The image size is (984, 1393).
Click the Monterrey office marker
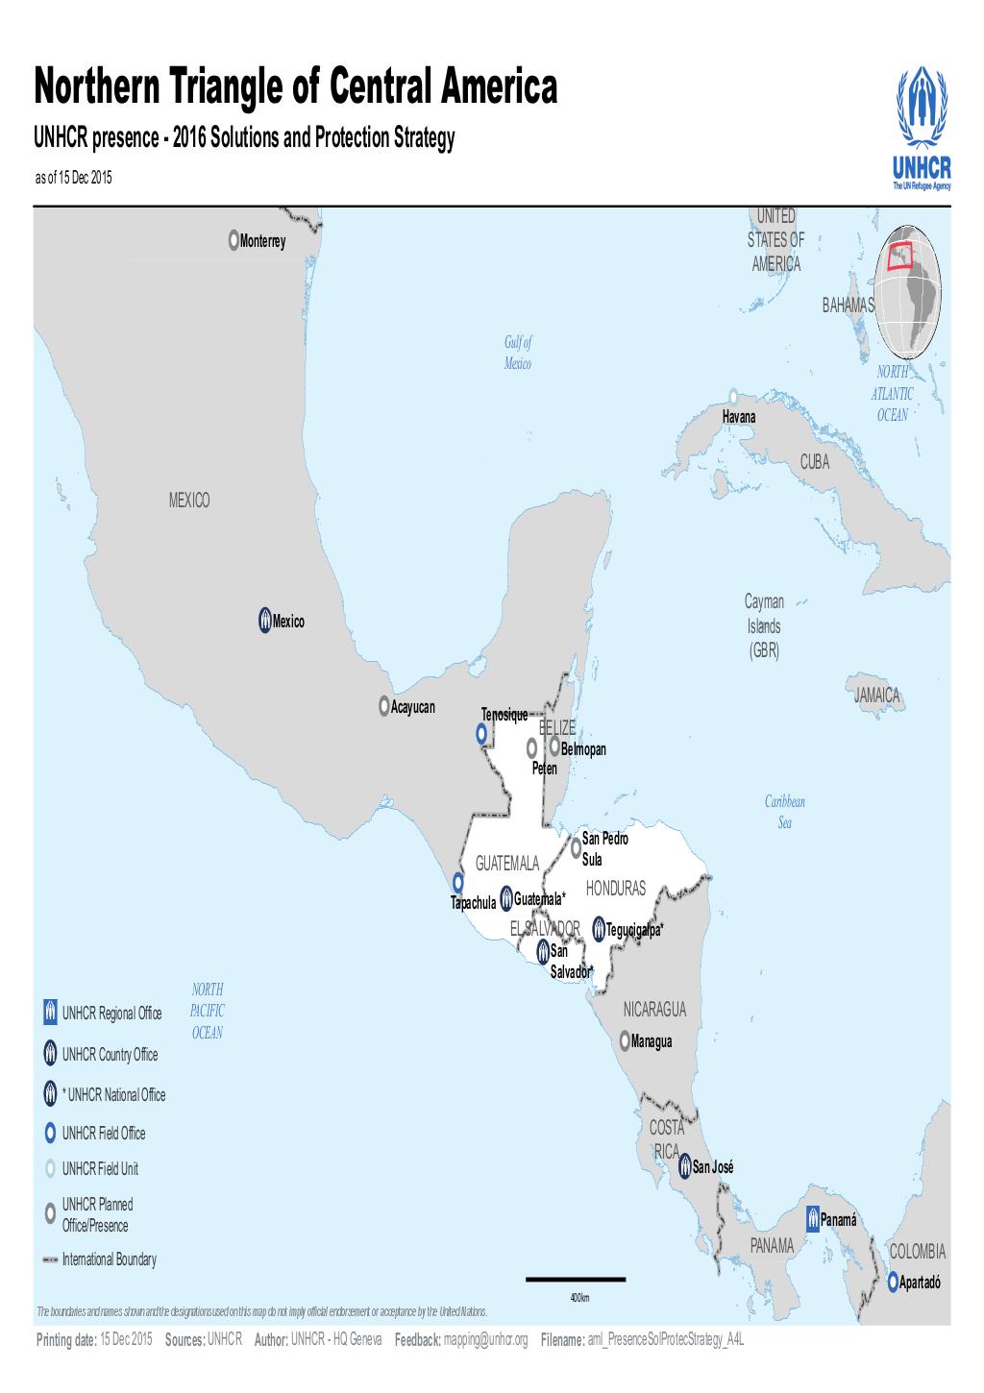(234, 240)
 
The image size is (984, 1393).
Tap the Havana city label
(739, 417)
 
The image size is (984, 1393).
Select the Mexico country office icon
(264, 621)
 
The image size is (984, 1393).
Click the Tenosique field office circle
(482, 734)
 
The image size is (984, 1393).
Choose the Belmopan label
(583, 749)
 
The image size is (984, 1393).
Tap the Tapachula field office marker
(458, 882)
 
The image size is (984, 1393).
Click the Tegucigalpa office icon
(599, 929)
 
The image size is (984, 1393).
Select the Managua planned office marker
(625, 1040)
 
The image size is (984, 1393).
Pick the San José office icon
(685, 1166)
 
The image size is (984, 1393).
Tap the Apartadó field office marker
(893, 1282)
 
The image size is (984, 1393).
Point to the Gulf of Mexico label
(518, 353)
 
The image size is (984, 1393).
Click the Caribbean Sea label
(785, 812)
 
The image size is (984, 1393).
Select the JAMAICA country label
(876, 696)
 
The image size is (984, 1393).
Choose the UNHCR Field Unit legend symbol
(49, 1169)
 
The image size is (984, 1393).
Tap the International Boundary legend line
(49, 1259)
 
